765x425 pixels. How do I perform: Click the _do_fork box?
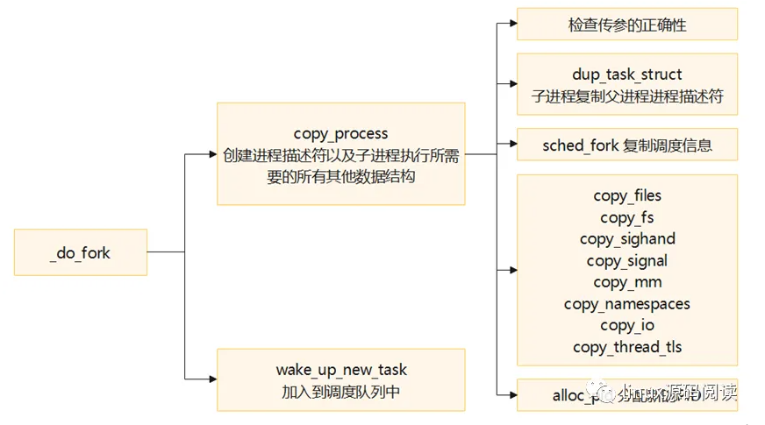pyautogui.click(x=81, y=252)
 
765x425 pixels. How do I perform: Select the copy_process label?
pyautogui.click(x=340, y=134)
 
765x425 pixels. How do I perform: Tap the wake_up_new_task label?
pyautogui.click(x=341, y=370)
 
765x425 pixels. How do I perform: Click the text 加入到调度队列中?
pyautogui.click(x=341, y=391)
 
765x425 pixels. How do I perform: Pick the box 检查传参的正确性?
pyautogui.click(x=626, y=25)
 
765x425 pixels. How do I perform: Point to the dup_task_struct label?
pyautogui.click(x=626, y=74)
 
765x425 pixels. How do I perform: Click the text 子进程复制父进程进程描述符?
pyautogui.click(x=626, y=96)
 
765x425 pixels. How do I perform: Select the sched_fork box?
pyautogui.click(x=626, y=145)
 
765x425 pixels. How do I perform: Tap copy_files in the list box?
pyautogui.click(x=626, y=195)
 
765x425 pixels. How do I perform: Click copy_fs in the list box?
pyautogui.click(x=626, y=217)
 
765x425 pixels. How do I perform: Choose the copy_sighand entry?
pyautogui.click(x=626, y=238)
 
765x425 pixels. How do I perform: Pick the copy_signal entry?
pyautogui.click(x=626, y=260)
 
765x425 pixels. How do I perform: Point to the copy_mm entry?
pyautogui.click(x=626, y=282)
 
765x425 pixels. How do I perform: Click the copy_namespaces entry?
pyautogui.click(x=626, y=304)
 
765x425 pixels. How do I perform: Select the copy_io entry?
pyautogui.click(x=626, y=325)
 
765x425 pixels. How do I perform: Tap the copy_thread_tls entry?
pyautogui.click(x=626, y=347)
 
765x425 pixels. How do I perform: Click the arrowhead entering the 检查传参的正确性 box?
pyautogui.click(x=511, y=25)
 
